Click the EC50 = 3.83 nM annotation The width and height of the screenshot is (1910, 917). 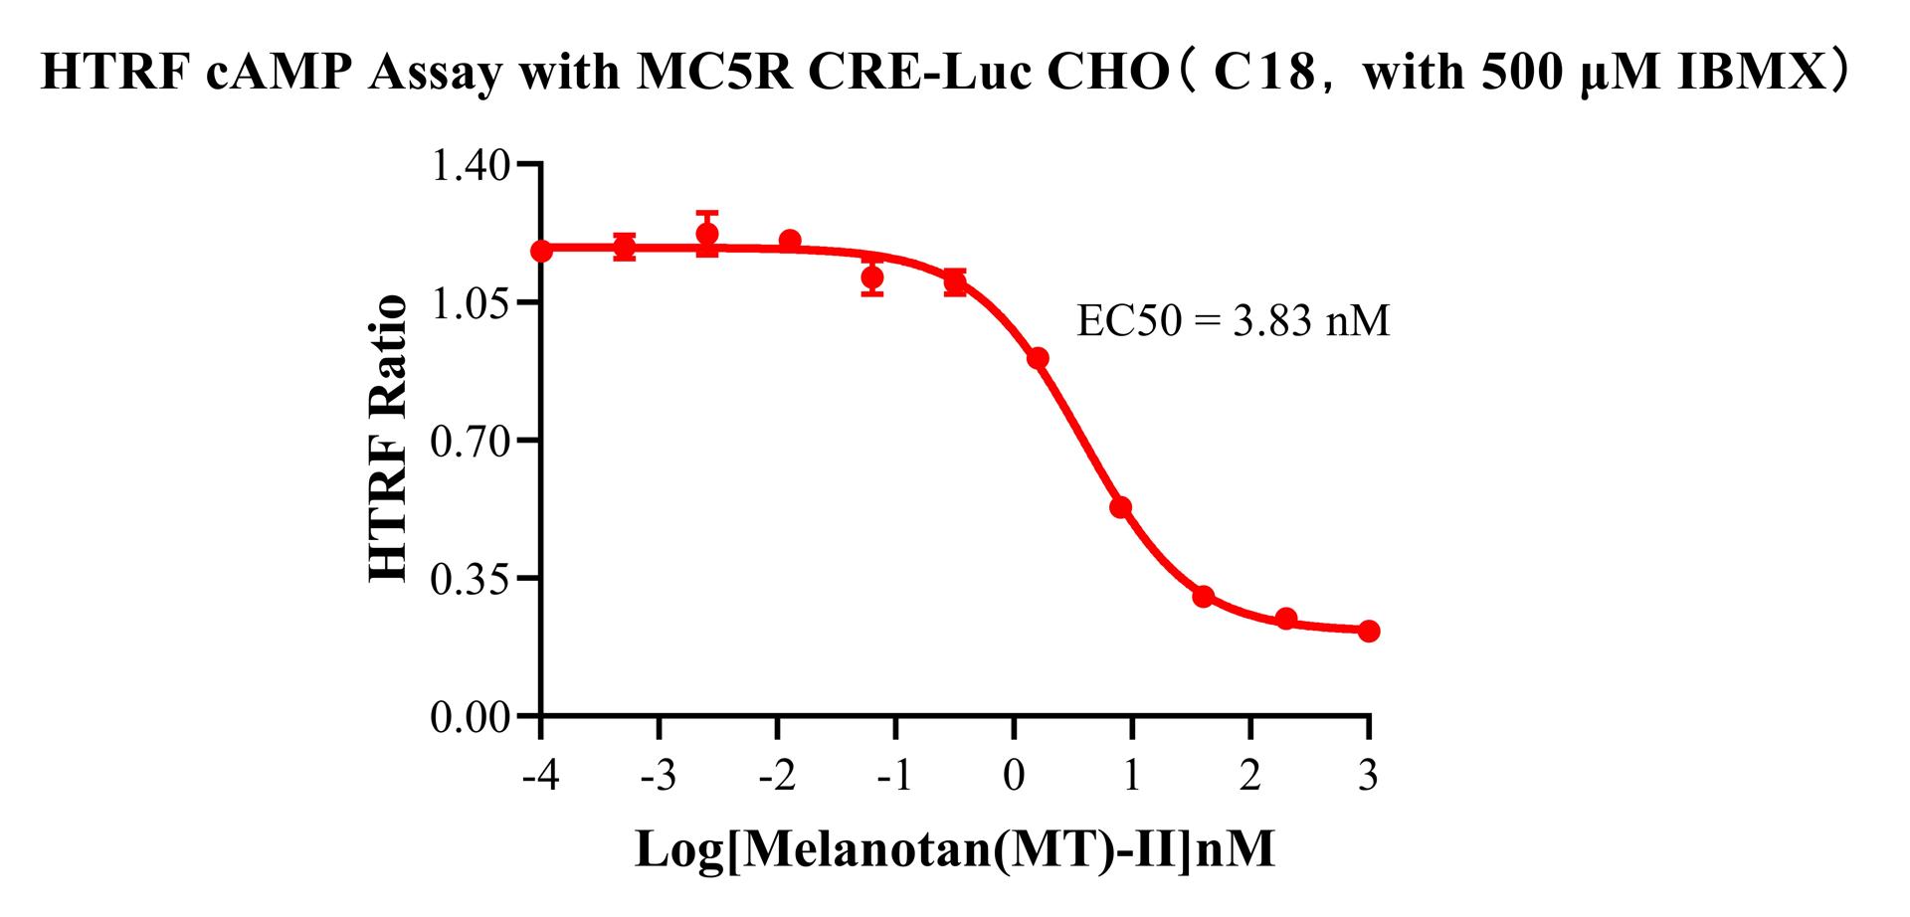1233,321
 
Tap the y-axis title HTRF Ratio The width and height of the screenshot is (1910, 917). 388,439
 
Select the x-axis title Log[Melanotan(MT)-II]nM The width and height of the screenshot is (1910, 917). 954,849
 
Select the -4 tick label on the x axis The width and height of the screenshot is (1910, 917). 540,775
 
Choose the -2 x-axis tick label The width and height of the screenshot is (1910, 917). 777,775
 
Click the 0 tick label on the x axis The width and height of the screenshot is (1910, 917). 1014,775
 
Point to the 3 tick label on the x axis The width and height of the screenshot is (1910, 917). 1369,775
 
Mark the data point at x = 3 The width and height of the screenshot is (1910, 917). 1369,631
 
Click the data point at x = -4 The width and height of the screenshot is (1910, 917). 541,251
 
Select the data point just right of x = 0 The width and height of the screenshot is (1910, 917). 1038,358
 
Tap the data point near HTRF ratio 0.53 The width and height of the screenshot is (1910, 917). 1121,507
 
